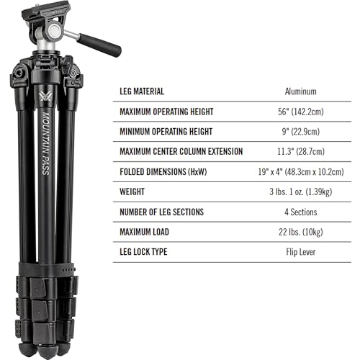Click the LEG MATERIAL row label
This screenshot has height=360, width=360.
143,91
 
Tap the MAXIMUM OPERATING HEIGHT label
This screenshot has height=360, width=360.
168,112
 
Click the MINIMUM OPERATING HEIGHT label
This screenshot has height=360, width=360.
166,132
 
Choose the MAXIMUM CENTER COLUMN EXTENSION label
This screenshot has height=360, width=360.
181,152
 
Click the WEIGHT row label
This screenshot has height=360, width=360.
132,192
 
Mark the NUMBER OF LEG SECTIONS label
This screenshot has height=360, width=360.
162,212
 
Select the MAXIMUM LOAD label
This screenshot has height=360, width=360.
146,233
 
